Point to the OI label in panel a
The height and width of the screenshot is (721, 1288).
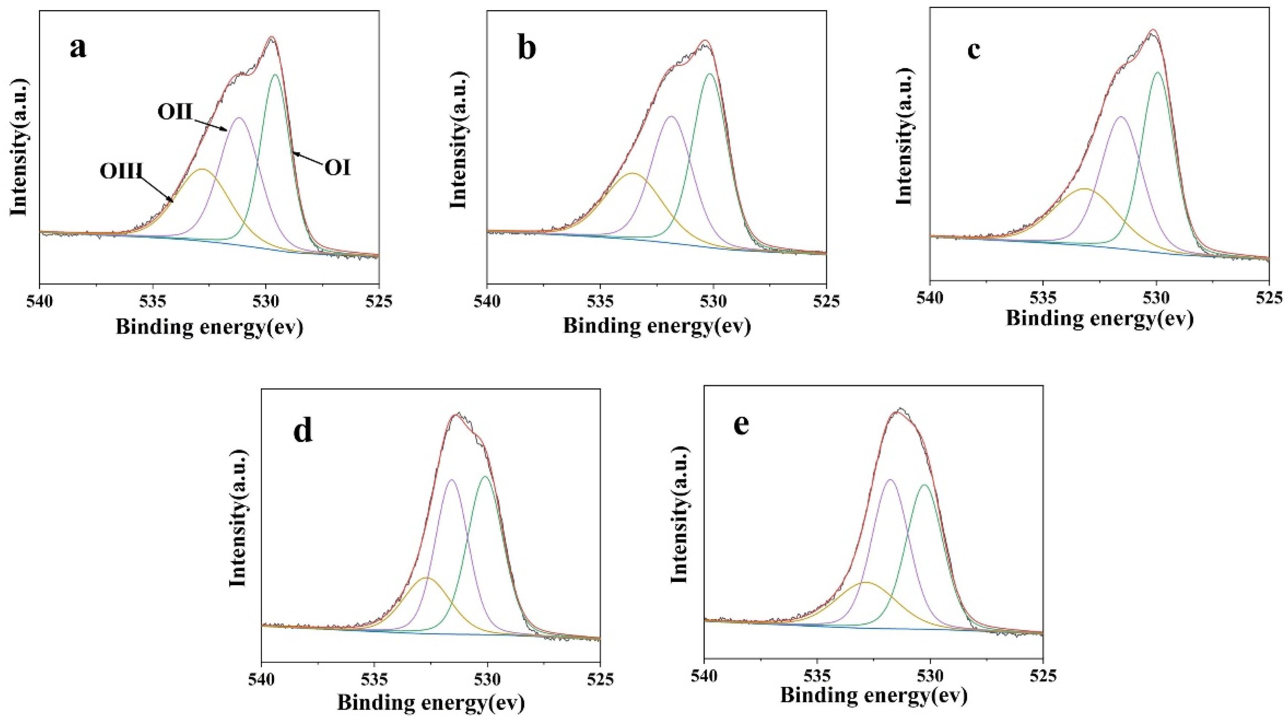tap(338, 169)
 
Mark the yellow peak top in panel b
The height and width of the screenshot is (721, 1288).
tap(632, 174)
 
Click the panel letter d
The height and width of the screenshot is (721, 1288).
tap(302, 430)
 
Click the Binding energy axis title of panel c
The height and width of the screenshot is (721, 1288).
tap(1100, 318)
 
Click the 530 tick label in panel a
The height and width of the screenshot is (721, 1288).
tap(266, 302)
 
